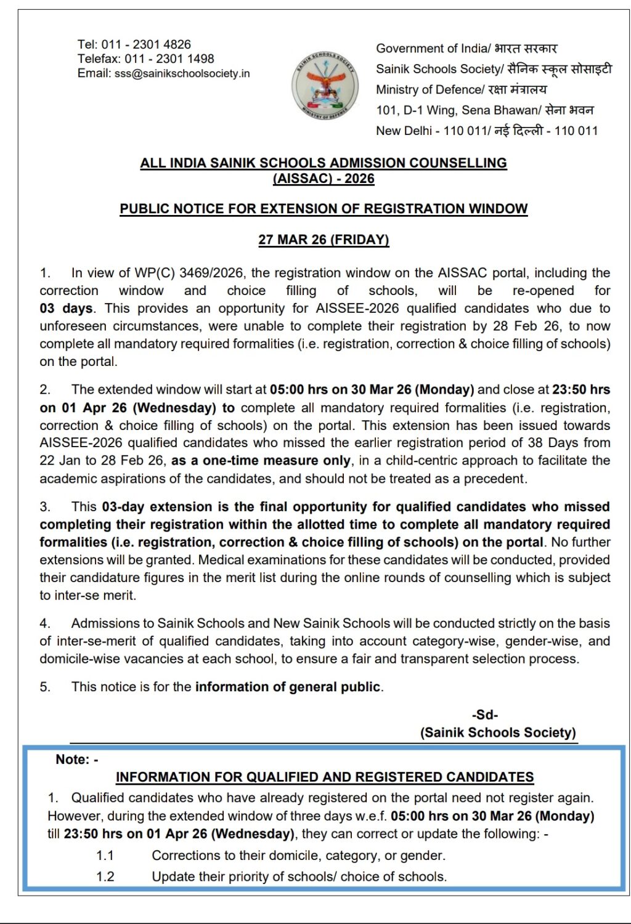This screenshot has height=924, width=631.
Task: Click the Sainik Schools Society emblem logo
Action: [324, 86]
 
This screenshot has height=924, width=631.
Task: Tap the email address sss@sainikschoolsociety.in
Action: [182, 73]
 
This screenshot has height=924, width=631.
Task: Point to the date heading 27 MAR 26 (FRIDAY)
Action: [324, 240]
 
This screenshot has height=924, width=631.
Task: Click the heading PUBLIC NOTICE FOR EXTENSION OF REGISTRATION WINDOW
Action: [324, 209]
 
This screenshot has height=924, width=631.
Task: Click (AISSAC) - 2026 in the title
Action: [324, 179]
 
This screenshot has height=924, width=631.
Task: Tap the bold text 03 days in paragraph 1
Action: [66, 309]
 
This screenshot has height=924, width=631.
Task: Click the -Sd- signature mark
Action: [485, 715]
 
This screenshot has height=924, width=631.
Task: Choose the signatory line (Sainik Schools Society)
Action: [498, 732]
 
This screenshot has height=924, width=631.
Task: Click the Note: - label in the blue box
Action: [77, 760]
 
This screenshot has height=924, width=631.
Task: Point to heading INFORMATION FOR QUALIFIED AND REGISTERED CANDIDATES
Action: [325, 777]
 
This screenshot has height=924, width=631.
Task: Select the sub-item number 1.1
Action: [105, 856]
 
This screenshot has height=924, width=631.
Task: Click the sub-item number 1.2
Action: [105, 877]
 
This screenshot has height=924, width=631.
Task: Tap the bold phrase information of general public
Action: [288, 687]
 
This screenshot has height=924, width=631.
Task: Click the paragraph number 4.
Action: [45, 623]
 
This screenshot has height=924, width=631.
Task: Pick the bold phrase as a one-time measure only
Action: [261, 461]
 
